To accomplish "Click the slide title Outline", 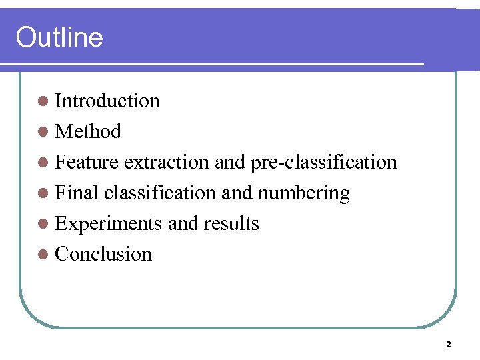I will [x=59, y=37].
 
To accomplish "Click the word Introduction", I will [x=107, y=101].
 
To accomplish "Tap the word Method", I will [x=88, y=131].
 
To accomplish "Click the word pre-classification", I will [x=323, y=162].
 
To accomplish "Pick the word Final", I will [x=77, y=193].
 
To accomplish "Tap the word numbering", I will [x=303, y=193].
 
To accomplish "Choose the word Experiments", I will [x=109, y=223].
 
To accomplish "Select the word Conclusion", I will [x=103, y=254].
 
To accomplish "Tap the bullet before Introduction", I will [x=43, y=101].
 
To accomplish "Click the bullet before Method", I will [x=43, y=132].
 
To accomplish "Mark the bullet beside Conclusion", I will [x=43, y=255].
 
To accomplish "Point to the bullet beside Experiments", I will [x=43, y=224].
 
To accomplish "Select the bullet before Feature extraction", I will [x=43, y=163].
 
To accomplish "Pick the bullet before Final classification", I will [x=43, y=193].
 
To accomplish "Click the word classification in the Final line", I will [x=159, y=193].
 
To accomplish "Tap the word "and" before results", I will [x=183, y=223].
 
